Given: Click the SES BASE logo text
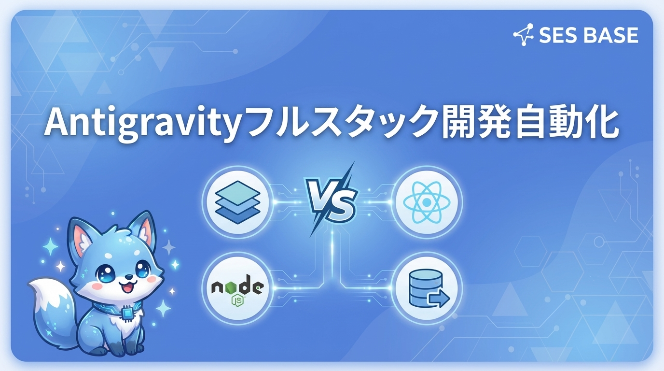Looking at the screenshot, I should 588,35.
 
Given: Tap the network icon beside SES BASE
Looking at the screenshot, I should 524,35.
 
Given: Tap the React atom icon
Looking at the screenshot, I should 426,202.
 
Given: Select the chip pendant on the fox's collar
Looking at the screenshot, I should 127,314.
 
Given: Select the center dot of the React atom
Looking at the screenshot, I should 426,202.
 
